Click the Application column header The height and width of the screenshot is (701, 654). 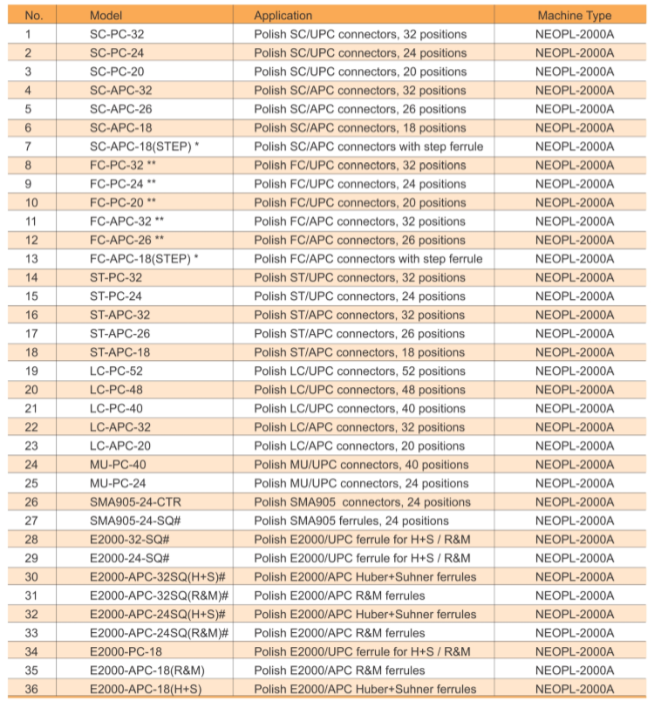tap(283, 16)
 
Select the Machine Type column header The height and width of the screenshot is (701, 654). tap(574, 16)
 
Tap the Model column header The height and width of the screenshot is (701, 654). tap(106, 16)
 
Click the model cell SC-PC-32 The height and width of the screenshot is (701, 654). tap(117, 34)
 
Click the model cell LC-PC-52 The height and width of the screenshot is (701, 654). tap(117, 371)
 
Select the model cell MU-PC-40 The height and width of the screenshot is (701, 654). tap(118, 465)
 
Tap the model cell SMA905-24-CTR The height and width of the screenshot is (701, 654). tap(136, 502)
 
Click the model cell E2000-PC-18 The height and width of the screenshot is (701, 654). tap(126, 651)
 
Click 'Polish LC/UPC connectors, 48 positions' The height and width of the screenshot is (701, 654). tap(359, 390)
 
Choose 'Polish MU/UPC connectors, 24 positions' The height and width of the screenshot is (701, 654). tap(361, 483)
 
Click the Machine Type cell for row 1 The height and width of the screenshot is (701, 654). tap(574, 34)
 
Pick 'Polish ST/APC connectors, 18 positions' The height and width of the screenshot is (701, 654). tap(359, 352)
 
